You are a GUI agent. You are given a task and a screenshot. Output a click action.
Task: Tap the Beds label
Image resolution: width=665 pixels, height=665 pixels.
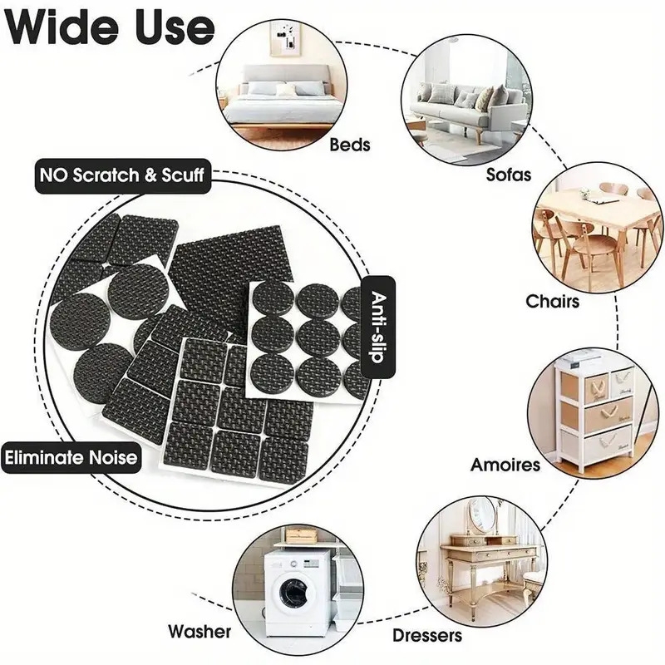pyautogui.click(x=350, y=145)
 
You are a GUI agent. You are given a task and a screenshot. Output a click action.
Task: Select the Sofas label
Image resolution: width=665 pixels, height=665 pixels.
pyautogui.click(x=508, y=175)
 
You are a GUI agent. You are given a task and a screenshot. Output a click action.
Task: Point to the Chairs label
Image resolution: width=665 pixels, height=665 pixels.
pyautogui.click(x=553, y=299)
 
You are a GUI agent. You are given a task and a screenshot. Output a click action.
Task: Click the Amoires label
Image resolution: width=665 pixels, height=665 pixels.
pyautogui.click(x=505, y=463)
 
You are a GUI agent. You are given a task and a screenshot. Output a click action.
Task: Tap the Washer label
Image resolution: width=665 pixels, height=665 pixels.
pyautogui.click(x=199, y=631)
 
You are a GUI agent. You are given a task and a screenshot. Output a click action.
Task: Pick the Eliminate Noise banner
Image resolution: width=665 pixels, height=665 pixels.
pyautogui.click(x=70, y=456)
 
